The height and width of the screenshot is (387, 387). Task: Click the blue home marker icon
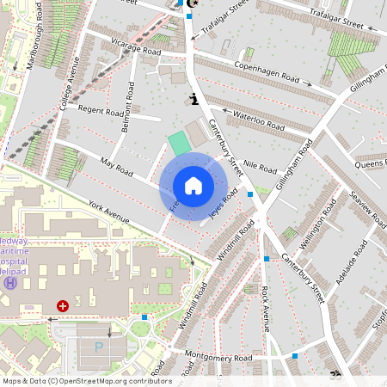point(193,186)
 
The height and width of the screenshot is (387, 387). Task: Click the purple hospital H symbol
point(10,283)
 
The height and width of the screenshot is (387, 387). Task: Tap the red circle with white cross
point(62,305)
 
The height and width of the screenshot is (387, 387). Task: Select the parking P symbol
point(97,347)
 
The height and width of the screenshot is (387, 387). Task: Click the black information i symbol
point(194,99)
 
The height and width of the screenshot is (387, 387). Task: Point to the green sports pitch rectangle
point(179,144)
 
